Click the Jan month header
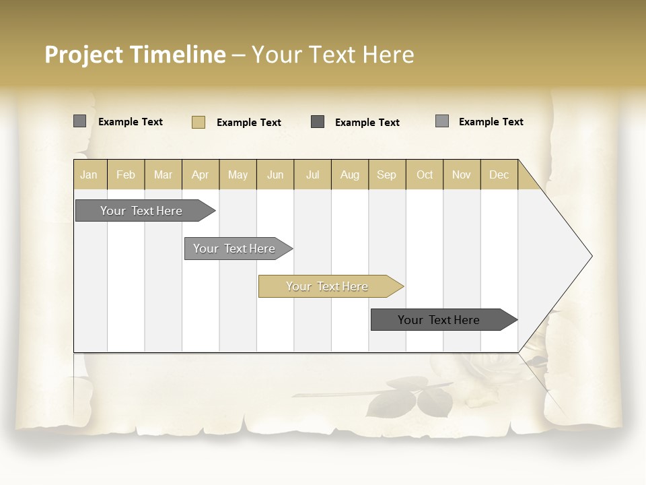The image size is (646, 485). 89,174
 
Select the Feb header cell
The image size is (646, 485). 126,174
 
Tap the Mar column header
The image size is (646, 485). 163,174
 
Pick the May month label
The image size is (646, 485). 238,174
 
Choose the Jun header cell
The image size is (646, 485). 275,174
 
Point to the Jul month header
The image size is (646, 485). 312,174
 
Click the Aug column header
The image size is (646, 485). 350,174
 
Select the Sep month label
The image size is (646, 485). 386,174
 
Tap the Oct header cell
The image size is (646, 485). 425,174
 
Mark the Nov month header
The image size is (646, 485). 462,174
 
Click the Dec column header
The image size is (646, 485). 499,174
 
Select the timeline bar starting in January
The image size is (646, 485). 141,211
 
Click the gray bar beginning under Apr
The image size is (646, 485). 234,249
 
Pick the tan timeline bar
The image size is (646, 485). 327,286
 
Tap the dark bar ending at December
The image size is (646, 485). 439,320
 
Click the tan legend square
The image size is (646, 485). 199,122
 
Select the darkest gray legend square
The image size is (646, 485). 318,122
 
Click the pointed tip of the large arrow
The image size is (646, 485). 590,256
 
